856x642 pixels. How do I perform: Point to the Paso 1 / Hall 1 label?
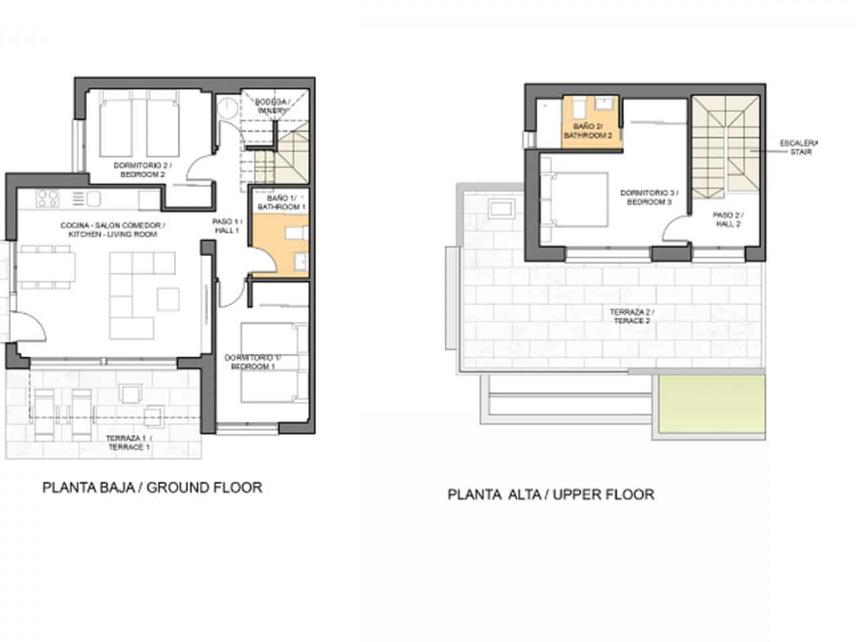(227, 225)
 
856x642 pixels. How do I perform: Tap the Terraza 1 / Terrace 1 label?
(128, 443)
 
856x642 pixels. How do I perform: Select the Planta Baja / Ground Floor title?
(152, 488)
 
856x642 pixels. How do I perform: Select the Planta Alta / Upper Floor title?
(550, 495)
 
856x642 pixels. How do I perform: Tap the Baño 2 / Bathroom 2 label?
(588, 130)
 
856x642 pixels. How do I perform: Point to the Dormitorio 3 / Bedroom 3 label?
(645, 197)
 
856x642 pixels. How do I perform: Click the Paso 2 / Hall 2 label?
(728, 220)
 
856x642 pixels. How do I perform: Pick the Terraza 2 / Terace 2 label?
(632, 316)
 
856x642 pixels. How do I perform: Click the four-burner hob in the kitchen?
(47, 198)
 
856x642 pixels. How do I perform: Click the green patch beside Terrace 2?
(709, 407)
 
